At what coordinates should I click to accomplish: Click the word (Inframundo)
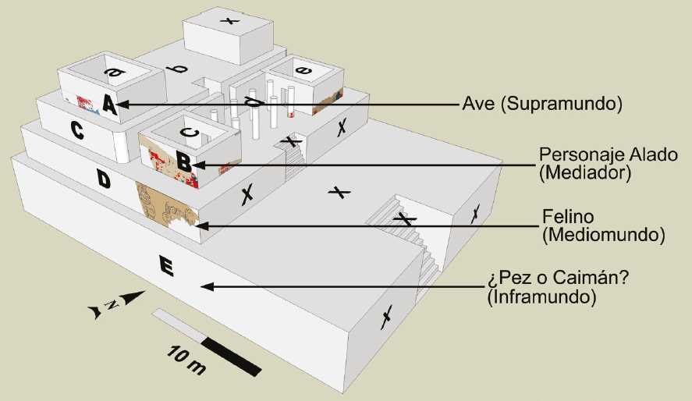pyautogui.click(x=534, y=296)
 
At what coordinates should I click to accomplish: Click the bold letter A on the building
pyautogui.click(x=108, y=105)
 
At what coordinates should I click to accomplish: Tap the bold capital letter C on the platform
pyautogui.click(x=78, y=131)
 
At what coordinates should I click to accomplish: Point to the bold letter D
pyautogui.click(x=103, y=179)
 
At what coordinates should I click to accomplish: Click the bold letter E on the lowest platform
pyautogui.click(x=165, y=267)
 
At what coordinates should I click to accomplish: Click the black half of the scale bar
pyautogui.click(x=233, y=355)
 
